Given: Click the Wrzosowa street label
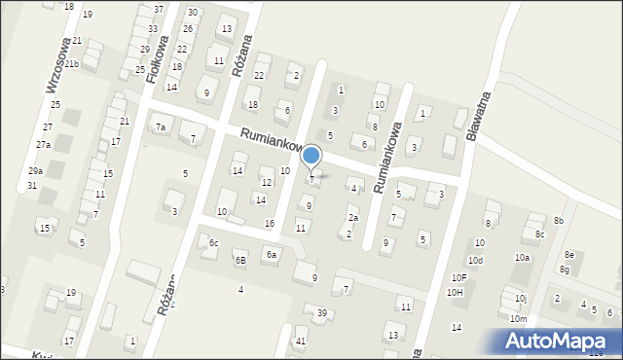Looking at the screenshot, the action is pos(58,65).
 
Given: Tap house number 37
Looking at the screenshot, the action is pos(159,9).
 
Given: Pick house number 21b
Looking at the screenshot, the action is pos(73,63).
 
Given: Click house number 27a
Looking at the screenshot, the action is pos(43,144).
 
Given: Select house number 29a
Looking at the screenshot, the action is pos(35,170).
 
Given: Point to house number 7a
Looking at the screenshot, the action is pos(161,127).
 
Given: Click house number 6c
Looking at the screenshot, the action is pos(213,242).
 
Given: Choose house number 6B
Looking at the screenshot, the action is pos(239,260).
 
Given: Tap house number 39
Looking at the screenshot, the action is pos(321,312).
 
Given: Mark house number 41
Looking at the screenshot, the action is pos(301,341).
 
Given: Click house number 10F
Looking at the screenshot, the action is pos(458,277).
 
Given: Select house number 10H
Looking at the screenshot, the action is pos(455,292).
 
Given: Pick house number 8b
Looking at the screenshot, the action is pos(559,221).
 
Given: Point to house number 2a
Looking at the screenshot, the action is pos(353,218).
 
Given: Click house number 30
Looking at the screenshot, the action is pos(193,13).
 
